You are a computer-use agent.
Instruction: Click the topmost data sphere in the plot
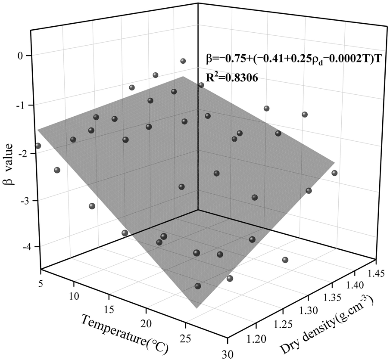[x=183, y=61]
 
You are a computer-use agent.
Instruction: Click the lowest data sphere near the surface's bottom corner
[x=198, y=286]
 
